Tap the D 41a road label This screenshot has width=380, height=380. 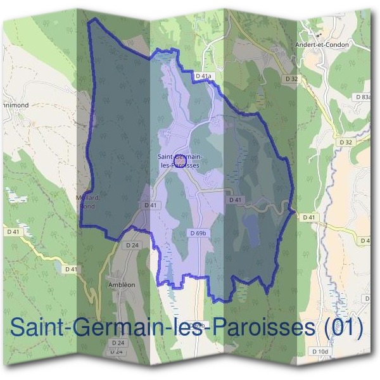[203, 76]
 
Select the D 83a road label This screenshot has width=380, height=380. [363, 96]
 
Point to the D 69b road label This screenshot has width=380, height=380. [199, 233]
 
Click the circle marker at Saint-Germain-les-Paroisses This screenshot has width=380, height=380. [179, 163]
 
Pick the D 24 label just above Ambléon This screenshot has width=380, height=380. [132, 244]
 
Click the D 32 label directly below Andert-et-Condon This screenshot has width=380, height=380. [291, 79]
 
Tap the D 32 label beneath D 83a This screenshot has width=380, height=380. [345, 142]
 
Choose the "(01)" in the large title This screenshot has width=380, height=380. [343, 328]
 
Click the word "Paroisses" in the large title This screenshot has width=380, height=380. [259, 328]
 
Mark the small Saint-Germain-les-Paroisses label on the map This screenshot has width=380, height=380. [179, 160]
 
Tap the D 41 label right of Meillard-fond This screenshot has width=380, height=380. [150, 205]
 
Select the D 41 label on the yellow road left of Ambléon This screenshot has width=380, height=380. [73, 269]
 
